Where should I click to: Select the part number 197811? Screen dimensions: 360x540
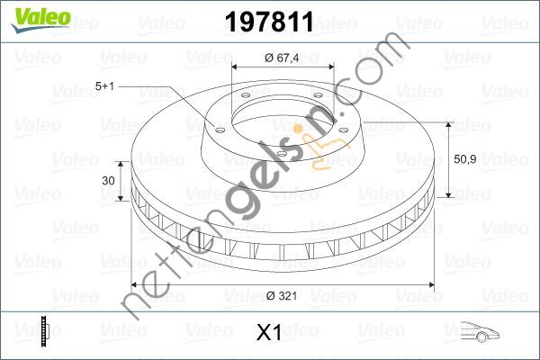(x=271, y=19)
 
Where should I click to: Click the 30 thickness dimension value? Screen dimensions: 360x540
(x=109, y=181)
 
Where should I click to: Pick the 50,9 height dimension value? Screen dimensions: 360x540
(x=465, y=159)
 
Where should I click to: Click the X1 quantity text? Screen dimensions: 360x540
(x=270, y=334)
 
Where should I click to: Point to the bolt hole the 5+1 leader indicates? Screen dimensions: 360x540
(x=218, y=127)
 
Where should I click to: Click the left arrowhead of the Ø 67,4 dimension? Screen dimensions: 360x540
(x=236, y=67)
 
